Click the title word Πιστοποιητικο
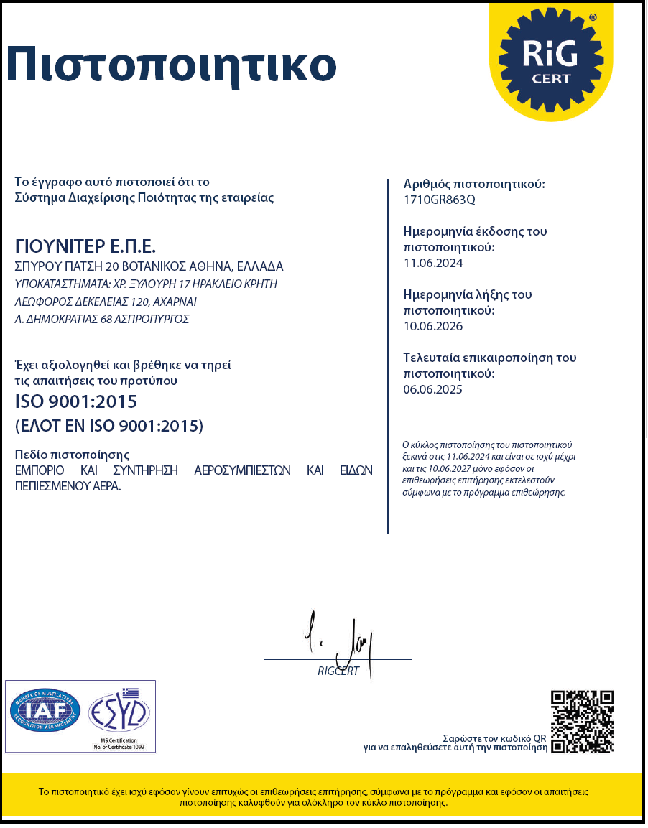click(x=171, y=65)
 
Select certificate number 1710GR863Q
click(x=440, y=200)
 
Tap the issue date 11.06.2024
click(x=434, y=263)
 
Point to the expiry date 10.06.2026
click(x=434, y=326)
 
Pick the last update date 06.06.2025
click(x=434, y=389)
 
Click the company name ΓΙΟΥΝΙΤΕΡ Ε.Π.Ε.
click(x=85, y=246)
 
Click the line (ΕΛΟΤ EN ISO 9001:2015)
click(x=109, y=426)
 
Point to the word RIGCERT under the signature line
click(x=338, y=671)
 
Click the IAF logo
click(x=45, y=712)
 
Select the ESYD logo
click(x=119, y=711)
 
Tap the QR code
click(x=582, y=721)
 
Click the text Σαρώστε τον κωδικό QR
click(x=495, y=738)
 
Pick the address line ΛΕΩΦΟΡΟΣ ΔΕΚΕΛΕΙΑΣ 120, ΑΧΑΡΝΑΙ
click(x=106, y=302)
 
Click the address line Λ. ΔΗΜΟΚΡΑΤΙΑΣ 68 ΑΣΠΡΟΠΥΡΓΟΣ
click(x=102, y=320)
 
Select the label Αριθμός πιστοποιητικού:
click(x=474, y=185)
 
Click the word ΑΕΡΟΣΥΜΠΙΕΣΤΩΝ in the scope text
click(x=242, y=470)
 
